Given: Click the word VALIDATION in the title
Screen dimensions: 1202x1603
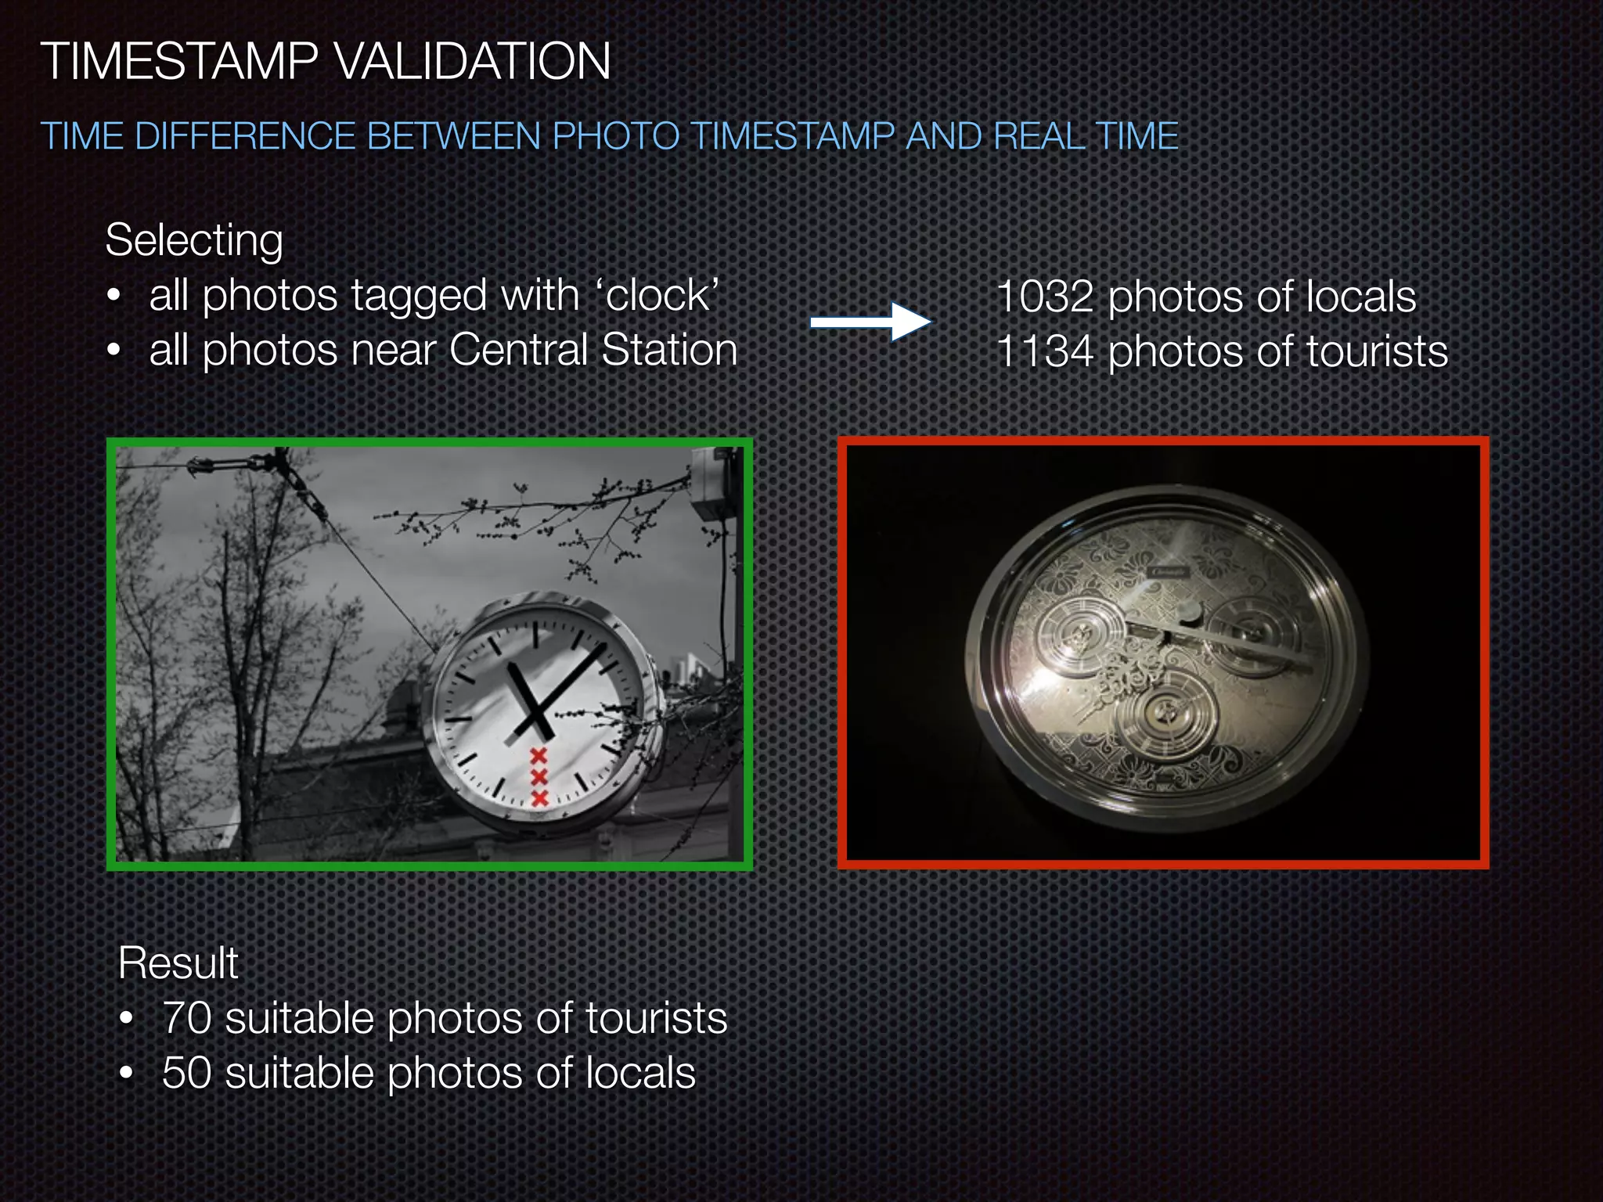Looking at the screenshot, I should click(x=473, y=61).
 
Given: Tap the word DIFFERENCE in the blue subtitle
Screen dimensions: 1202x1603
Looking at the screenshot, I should click(x=244, y=136).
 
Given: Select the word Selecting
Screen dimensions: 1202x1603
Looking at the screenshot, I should click(x=194, y=239).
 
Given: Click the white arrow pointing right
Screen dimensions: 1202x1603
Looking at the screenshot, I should click(x=870, y=322).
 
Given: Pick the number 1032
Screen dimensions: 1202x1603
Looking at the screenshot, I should click(x=1045, y=297).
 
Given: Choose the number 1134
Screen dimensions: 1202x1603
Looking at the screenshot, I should click(x=1045, y=351).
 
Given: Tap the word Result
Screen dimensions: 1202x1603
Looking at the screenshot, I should click(x=178, y=963).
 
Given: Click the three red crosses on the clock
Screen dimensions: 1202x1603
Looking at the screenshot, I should click(x=539, y=776).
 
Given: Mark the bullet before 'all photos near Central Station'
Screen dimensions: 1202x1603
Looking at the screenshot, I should click(x=114, y=351).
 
